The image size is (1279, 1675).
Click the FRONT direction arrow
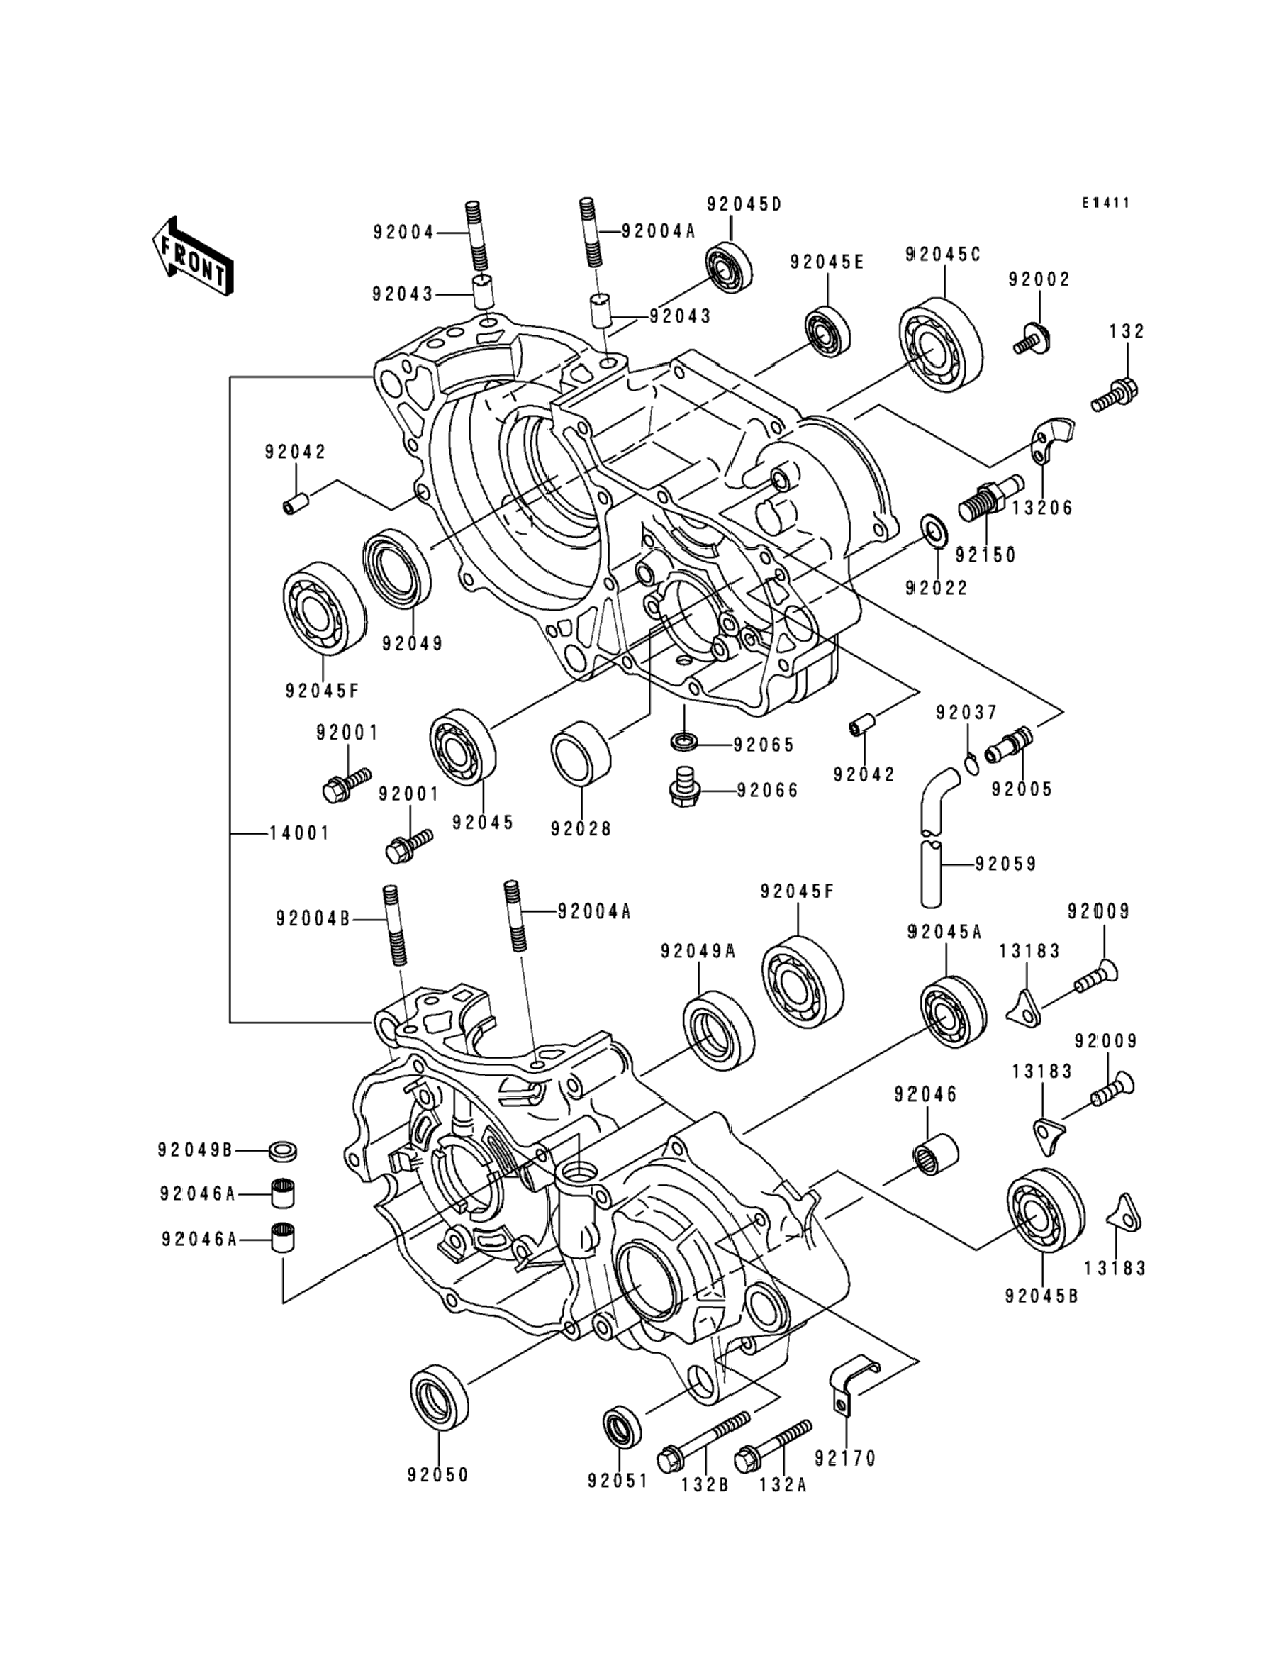(193, 257)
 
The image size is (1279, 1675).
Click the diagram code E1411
(1106, 204)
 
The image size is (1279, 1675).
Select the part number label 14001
(300, 833)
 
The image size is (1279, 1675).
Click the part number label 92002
(1039, 279)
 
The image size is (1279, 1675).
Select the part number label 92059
(1006, 864)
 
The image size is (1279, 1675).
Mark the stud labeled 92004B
(396, 925)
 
